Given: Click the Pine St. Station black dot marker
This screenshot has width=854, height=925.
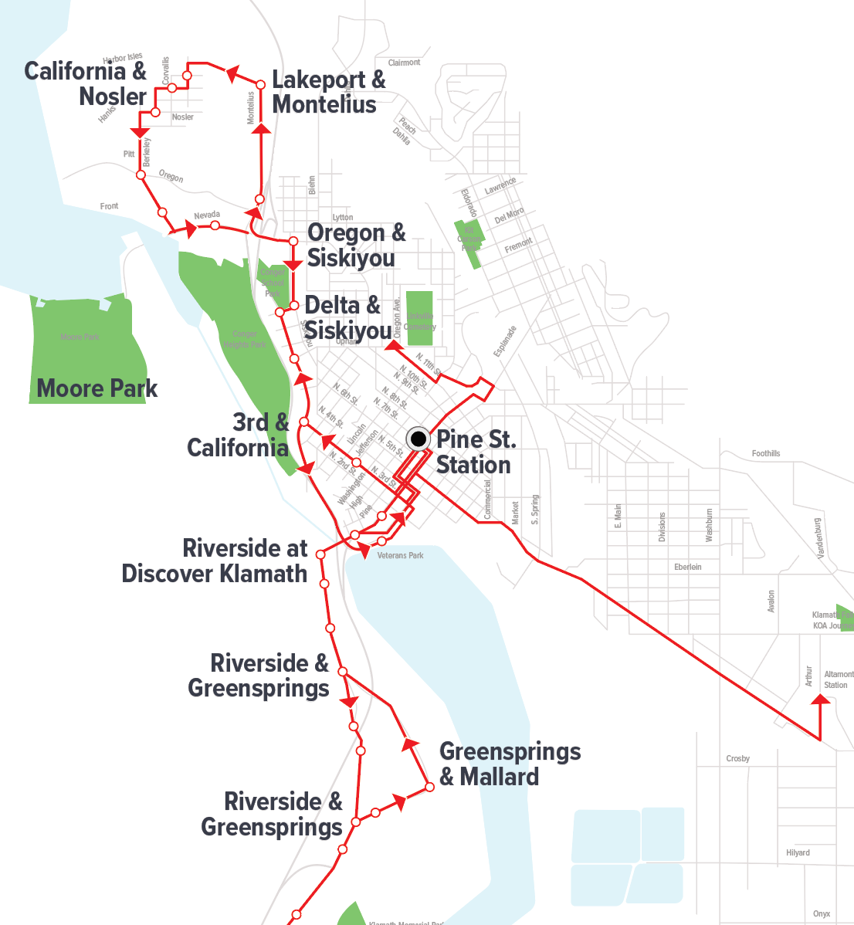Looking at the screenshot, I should (x=418, y=439).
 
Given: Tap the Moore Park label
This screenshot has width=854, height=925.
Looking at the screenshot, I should (x=97, y=388).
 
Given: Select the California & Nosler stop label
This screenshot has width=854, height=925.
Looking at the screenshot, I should (x=86, y=83).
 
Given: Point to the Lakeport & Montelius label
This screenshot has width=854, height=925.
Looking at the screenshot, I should (x=328, y=92).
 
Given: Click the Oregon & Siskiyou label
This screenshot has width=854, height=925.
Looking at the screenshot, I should (x=356, y=245).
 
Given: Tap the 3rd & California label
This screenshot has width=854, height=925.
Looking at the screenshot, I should (x=238, y=435).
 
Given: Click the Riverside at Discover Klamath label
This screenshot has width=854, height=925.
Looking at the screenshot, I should (x=215, y=561).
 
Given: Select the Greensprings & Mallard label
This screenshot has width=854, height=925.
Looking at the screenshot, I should (x=510, y=764).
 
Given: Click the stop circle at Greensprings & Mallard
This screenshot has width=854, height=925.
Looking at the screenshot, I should (x=430, y=788).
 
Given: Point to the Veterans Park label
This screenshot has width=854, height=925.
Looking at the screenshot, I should (x=400, y=555).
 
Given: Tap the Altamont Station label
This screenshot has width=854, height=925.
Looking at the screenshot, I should (x=837, y=679).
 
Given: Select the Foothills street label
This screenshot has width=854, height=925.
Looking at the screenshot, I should (x=765, y=453).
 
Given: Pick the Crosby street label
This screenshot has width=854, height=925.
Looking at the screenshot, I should (x=737, y=758).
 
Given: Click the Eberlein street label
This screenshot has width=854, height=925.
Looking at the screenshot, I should (x=687, y=567).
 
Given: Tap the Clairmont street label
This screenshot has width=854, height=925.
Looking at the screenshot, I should (x=404, y=63).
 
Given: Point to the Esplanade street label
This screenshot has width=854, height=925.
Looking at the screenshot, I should (x=505, y=341).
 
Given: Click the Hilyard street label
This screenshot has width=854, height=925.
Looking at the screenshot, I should (x=798, y=852).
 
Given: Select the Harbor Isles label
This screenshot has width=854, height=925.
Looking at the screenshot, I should (x=123, y=58).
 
